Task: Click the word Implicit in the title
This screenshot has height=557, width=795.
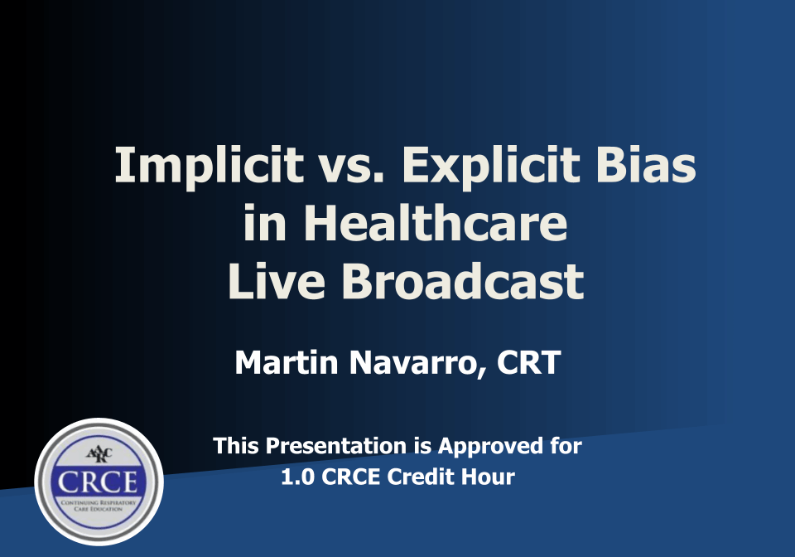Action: (209, 167)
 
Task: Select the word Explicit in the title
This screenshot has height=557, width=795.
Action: (491, 167)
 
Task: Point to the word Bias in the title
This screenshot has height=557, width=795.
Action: (646, 165)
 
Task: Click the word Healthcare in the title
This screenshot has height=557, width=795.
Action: (435, 223)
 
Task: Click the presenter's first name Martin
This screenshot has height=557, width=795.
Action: (287, 362)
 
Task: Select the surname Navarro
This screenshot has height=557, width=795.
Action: (416, 363)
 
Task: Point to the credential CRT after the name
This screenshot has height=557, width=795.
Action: (528, 362)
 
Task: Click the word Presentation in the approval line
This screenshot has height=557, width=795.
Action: (336, 446)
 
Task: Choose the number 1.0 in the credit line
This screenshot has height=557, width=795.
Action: (297, 477)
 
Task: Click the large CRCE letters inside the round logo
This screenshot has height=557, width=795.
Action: (98, 482)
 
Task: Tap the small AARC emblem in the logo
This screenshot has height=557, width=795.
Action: (99, 454)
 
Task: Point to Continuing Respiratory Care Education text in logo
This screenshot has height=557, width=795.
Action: (99, 506)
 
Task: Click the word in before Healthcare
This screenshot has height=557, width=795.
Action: (265, 223)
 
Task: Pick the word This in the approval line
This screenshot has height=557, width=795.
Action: (237, 446)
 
